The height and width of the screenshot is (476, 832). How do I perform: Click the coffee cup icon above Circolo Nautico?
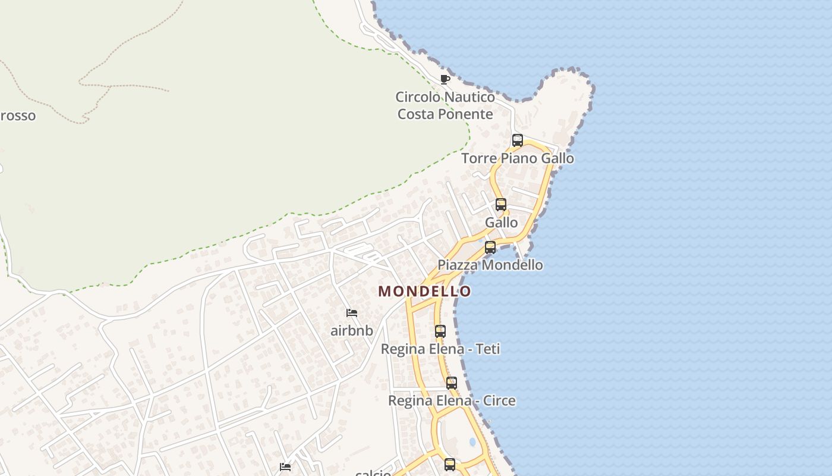pos(445,79)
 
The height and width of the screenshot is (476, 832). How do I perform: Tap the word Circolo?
pos(419,97)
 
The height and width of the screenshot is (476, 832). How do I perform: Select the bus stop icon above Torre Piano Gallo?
pos(518,140)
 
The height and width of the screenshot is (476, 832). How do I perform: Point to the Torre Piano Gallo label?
pos(518,158)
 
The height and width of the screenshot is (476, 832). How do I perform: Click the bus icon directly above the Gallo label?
pos(501,205)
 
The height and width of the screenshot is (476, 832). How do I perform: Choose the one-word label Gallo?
pos(501,223)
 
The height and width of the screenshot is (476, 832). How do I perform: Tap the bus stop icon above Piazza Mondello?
pos(490,247)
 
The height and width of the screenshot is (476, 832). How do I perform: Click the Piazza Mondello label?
pos(490,265)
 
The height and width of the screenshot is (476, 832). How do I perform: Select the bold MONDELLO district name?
pos(425,291)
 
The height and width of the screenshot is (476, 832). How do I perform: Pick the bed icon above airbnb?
pos(352,313)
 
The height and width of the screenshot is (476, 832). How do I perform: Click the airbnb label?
pos(352,331)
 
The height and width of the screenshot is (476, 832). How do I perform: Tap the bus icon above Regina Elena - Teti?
pos(440,331)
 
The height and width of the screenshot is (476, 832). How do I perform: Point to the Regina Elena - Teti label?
pos(440,349)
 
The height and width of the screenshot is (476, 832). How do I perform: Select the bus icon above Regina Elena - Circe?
pos(452,383)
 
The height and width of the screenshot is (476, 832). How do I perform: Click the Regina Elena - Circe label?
pos(452,400)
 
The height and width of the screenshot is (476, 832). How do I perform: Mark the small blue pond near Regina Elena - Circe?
pos(472,442)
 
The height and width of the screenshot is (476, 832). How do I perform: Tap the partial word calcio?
pos(373,473)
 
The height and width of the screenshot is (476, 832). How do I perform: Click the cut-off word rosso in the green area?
pos(17,115)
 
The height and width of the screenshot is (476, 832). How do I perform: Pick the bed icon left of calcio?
pos(285,467)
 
